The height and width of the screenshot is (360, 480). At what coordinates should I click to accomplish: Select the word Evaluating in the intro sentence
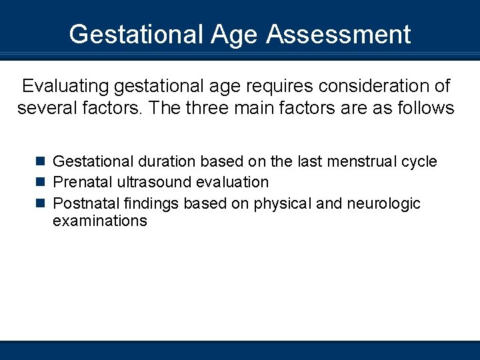coord(66,86)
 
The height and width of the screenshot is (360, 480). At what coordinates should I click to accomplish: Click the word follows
coord(425,107)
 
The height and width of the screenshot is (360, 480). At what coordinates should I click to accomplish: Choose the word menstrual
coord(359,161)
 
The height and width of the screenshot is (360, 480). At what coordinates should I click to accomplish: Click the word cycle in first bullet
coord(419,161)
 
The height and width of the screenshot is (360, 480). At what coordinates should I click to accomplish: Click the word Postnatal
coord(83,203)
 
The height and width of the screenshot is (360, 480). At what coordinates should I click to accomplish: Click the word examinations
coord(99,221)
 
